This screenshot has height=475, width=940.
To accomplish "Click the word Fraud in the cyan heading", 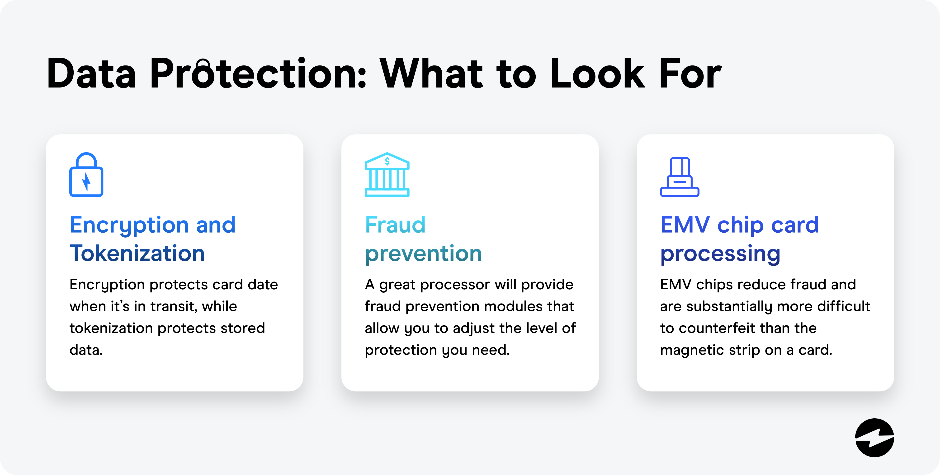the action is (x=395, y=225).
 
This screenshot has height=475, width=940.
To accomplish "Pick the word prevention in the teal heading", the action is (x=423, y=254).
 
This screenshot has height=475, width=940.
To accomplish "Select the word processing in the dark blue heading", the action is (x=720, y=254).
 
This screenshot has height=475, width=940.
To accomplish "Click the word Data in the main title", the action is (x=91, y=74).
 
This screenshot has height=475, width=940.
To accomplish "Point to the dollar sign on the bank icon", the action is (x=387, y=161).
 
